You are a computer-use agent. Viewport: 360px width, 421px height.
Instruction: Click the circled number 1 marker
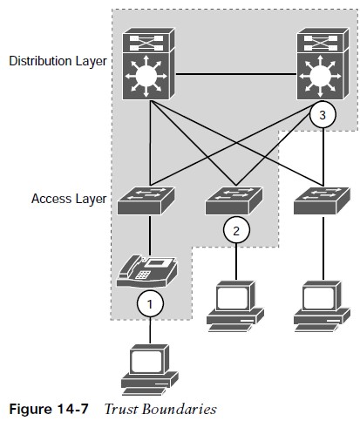pyautogui.click(x=150, y=304)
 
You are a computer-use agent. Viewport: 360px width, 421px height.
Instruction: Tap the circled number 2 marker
pyautogui.click(x=236, y=230)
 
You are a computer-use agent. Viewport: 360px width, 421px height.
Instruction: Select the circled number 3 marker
pyautogui.click(x=323, y=115)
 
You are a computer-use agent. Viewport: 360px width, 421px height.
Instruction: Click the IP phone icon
pyautogui.click(x=146, y=271)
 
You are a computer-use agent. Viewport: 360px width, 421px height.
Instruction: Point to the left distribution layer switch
pyautogui.click(x=148, y=64)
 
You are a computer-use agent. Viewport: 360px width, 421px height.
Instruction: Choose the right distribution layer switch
pyautogui.click(x=323, y=64)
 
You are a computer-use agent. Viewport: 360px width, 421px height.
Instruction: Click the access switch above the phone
pyautogui.click(x=146, y=200)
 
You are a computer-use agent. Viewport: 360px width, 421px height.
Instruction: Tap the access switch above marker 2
pyautogui.click(x=234, y=200)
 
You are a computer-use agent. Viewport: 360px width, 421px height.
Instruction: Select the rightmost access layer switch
pyautogui.click(x=322, y=200)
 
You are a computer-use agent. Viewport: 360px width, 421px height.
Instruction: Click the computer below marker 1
pyautogui.click(x=150, y=370)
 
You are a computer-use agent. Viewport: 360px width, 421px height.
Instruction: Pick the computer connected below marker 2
pyautogui.click(x=235, y=306)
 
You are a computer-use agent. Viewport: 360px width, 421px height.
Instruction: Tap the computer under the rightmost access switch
pyautogui.click(x=322, y=306)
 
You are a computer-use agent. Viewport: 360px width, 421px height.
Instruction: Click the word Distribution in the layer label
pyautogui.click(x=41, y=61)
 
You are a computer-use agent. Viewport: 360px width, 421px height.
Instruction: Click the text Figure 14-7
pyautogui.click(x=49, y=409)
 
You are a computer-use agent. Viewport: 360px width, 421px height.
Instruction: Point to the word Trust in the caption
pyautogui.click(x=121, y=409)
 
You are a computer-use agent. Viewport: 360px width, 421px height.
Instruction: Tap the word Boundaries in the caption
pyautogui.click(x=180, y=409)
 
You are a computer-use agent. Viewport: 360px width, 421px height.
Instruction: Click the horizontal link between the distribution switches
pyautogui.click(x=235, y=75)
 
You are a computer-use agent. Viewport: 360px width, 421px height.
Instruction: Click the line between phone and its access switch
pyautogui.click(x=150, y=235)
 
